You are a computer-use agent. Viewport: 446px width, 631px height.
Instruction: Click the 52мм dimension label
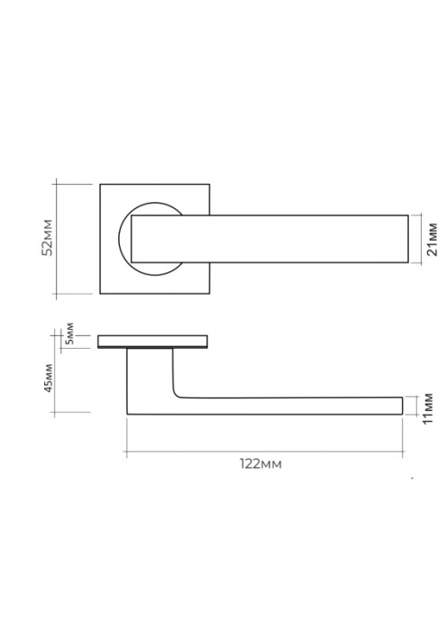[48, 237]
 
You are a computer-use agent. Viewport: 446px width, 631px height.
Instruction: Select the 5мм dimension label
[69, 334]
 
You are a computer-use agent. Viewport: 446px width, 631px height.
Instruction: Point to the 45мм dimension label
[49, 378]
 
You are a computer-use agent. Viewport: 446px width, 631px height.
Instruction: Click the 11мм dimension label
[428, 408]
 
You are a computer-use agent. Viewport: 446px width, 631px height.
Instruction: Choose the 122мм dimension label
[261, 464]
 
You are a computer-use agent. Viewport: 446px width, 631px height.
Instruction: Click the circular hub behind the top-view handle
[124, 239]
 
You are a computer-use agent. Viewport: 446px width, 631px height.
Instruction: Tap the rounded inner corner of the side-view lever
[176, 394]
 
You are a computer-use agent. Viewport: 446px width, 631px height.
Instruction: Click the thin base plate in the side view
[153, 342]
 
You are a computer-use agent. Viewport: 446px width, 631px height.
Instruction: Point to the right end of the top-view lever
[408, 239]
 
